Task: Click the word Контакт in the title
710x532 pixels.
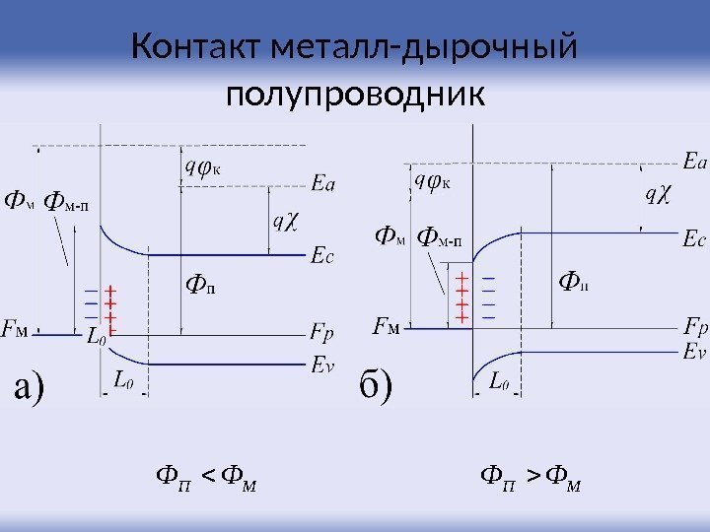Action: pos(188,47)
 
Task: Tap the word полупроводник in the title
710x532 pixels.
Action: pos(355,96)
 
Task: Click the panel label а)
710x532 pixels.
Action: pos(43,387)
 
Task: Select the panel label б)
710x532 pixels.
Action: pos(375,387)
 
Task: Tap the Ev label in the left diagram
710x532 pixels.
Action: pos(322,365)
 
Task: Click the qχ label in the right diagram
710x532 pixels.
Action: pos(657,196)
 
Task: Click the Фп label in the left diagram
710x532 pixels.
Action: pos(201,287)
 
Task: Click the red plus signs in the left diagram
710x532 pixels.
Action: pos(110,306)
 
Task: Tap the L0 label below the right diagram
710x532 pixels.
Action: pos(499,381)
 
